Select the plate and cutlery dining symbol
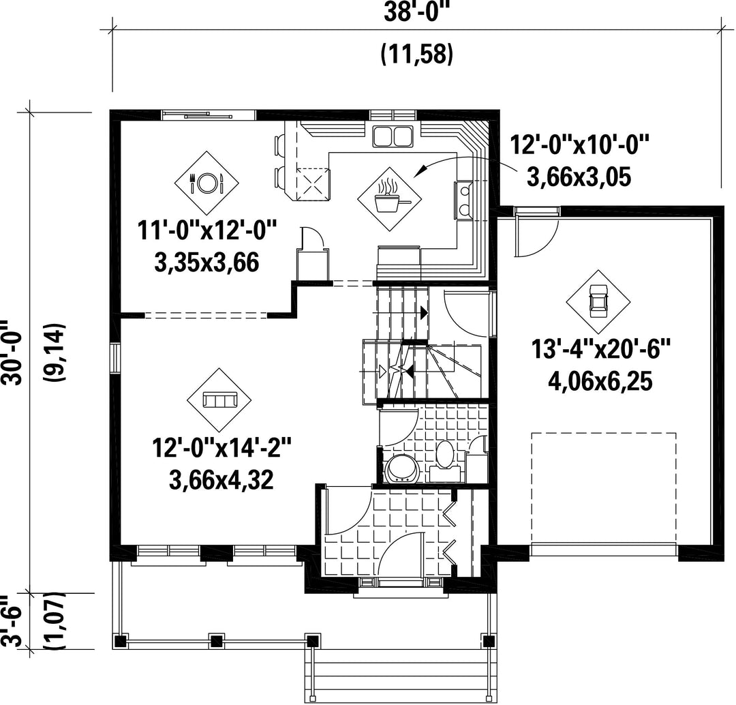pyautogui.click(x=206, y=183)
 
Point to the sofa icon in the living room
pyautogui.click(x=219, y=400)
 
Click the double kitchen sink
pyautogui.click(x=393, y=136)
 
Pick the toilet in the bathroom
pyautogui.click(x=444, y=456)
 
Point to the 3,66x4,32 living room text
pyautogui.click(x=221, y=480)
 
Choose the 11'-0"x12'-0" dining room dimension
pyautogui.click(x=207, y=231)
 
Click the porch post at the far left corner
pyautogui.click(x=121, y=640)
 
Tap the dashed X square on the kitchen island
pyautogui.click(x=313, y=184)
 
